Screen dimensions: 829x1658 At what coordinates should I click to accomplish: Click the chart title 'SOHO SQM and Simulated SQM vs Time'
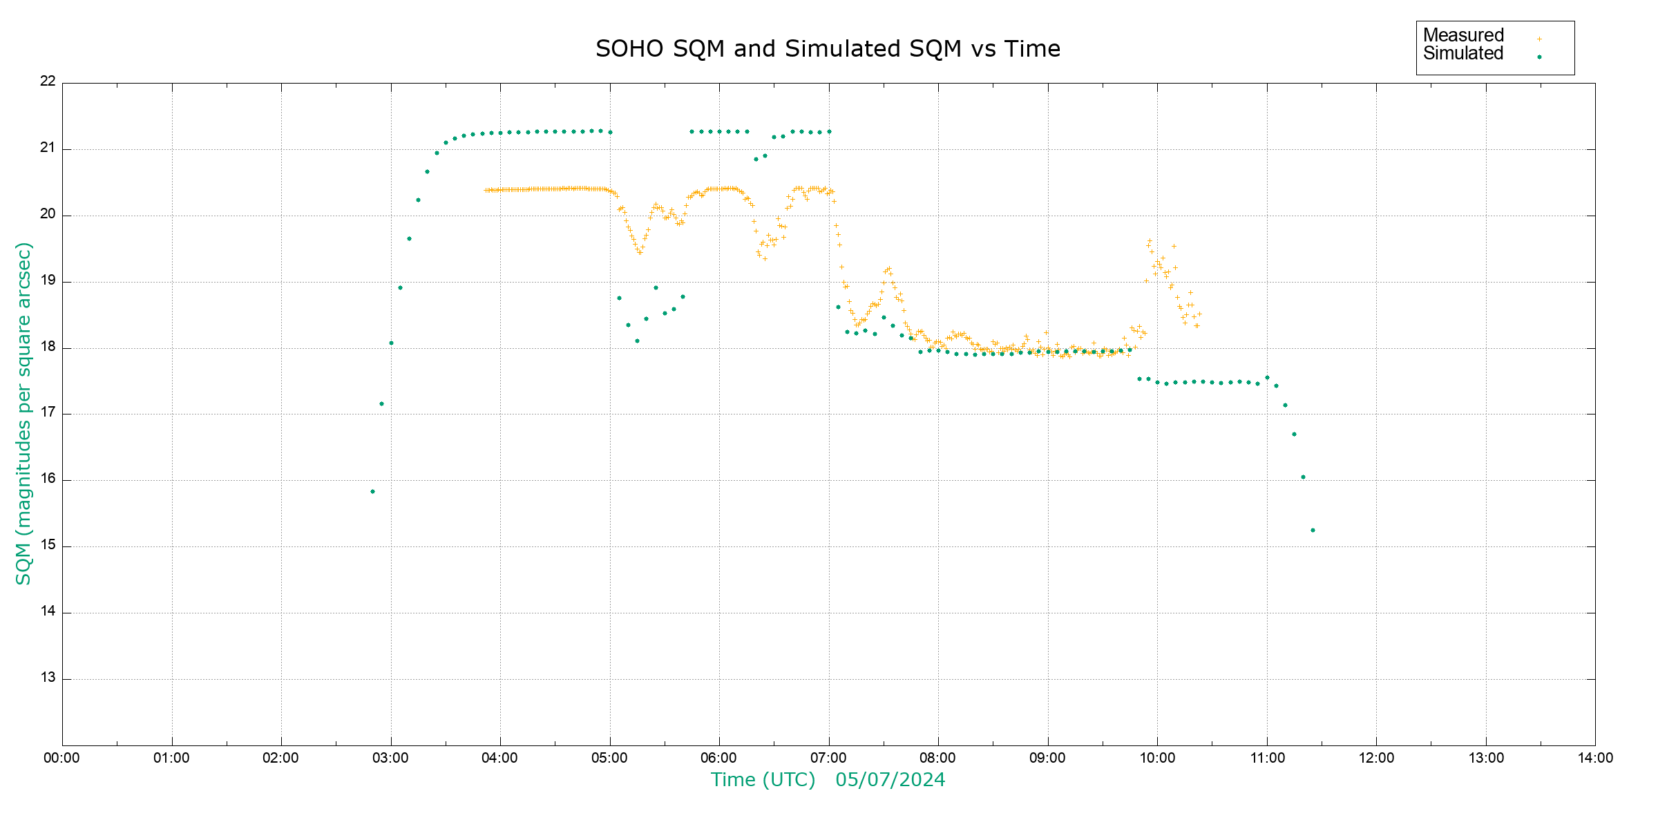(828, 49)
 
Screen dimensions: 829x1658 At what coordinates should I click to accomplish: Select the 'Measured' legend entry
(1463, 35)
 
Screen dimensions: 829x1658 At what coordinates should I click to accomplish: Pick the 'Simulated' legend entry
(1463, 54)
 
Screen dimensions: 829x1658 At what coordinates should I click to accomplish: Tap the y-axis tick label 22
(48, 81)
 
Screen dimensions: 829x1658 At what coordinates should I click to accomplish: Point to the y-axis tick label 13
(48, 678)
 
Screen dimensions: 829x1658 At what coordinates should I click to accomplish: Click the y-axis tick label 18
(48, 347)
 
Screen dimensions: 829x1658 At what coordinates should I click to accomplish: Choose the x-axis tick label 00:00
(62, 758)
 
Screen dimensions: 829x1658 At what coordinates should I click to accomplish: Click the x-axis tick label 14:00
(1595, 758)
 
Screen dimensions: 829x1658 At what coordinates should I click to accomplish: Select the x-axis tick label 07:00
(828, 758)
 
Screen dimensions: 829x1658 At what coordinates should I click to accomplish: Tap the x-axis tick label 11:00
(1267, 758)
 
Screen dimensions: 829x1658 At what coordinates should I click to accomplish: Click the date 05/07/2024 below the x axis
(890, 780)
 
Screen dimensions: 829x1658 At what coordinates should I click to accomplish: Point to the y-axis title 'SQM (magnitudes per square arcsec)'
(24, 413)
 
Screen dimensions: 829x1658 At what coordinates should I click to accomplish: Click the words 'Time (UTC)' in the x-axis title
(763, 780)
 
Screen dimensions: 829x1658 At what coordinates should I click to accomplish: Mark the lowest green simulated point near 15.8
(372, 492)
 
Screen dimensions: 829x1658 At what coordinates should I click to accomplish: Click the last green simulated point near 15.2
(1313, 531)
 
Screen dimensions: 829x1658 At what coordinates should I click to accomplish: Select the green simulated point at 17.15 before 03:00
(381, 404)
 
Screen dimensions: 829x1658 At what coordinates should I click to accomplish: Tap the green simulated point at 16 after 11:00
(1303, 477)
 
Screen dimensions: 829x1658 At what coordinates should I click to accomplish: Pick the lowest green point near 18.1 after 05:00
(637, 341)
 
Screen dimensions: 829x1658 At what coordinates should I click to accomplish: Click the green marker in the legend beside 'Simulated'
(1539, 57)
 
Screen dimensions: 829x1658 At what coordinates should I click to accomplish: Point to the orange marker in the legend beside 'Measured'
(1539, 39)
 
